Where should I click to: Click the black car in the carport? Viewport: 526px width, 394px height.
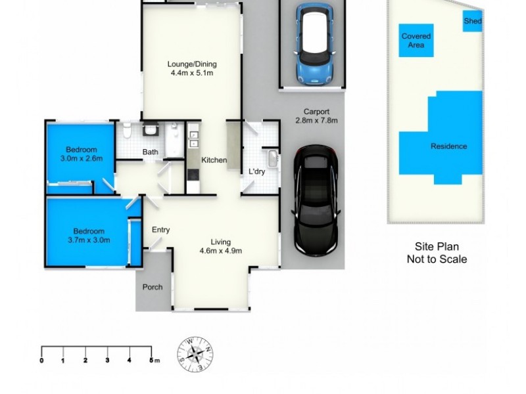click(318, 200)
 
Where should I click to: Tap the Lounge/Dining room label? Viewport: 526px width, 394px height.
click(192, 64)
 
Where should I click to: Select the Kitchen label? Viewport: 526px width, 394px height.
click(214, 160)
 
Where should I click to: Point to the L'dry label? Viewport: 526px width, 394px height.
click(256, 172)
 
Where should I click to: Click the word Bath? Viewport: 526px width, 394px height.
click(151, 153)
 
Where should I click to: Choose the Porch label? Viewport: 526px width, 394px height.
click(153, 287)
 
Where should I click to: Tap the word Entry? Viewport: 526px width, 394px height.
click(161, 230)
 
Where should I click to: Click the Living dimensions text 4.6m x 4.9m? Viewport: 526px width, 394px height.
click(221, 250)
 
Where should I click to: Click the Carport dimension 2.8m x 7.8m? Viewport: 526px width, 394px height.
click(316, 121)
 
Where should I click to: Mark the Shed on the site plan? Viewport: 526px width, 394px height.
click(473, 22)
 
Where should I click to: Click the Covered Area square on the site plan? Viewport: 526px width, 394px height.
click(416, 41)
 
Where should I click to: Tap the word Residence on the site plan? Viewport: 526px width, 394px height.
click(448, 146)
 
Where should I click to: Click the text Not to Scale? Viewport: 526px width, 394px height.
click(436, 259)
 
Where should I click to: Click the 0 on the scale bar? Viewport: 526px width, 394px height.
click(41, 361)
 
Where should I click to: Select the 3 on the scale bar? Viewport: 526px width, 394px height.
click(107, 361)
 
